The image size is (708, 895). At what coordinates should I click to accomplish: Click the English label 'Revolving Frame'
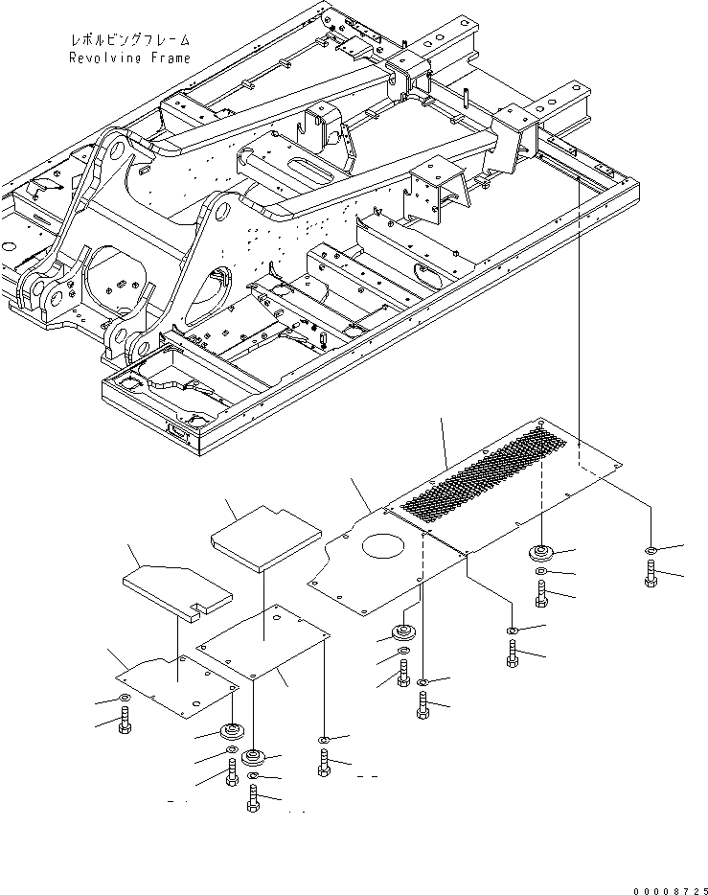(129, 58)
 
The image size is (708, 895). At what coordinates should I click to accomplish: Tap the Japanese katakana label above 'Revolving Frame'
(129, 41)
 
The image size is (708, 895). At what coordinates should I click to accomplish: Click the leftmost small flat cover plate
(180, 683)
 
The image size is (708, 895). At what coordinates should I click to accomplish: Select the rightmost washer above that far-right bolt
(651, 551)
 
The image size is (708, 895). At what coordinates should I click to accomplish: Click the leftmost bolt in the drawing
(125, 723)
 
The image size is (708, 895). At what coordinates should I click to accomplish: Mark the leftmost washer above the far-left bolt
(125, 699)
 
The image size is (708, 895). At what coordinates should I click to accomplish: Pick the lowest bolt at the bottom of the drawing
(253, 798)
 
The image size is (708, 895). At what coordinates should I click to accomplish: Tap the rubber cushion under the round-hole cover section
(402, 633)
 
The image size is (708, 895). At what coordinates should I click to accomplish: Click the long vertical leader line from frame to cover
(580, 316)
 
